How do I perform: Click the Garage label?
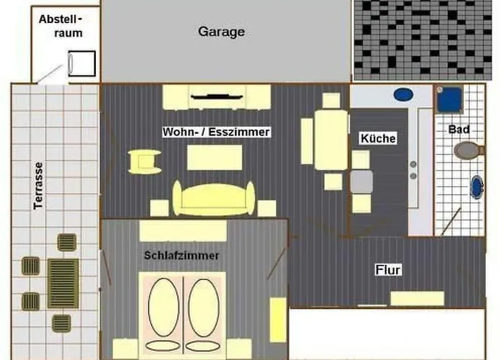click(221, 32)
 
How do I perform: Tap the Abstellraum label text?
click(60, 26)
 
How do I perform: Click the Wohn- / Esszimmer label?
click(216, 132)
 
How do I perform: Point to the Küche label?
click(377, 138)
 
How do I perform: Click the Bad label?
click(459, 130)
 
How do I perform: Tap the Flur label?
click(388, 270)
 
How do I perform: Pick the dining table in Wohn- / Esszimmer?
click(330, 140)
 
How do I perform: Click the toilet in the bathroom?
click(468, 151)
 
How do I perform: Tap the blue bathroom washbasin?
click(477, 187)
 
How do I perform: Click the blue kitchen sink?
click(402, 94)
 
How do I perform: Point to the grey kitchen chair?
click(361, 181)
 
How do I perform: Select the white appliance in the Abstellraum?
click(81, 63)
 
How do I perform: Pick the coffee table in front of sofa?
click(215, 157)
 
